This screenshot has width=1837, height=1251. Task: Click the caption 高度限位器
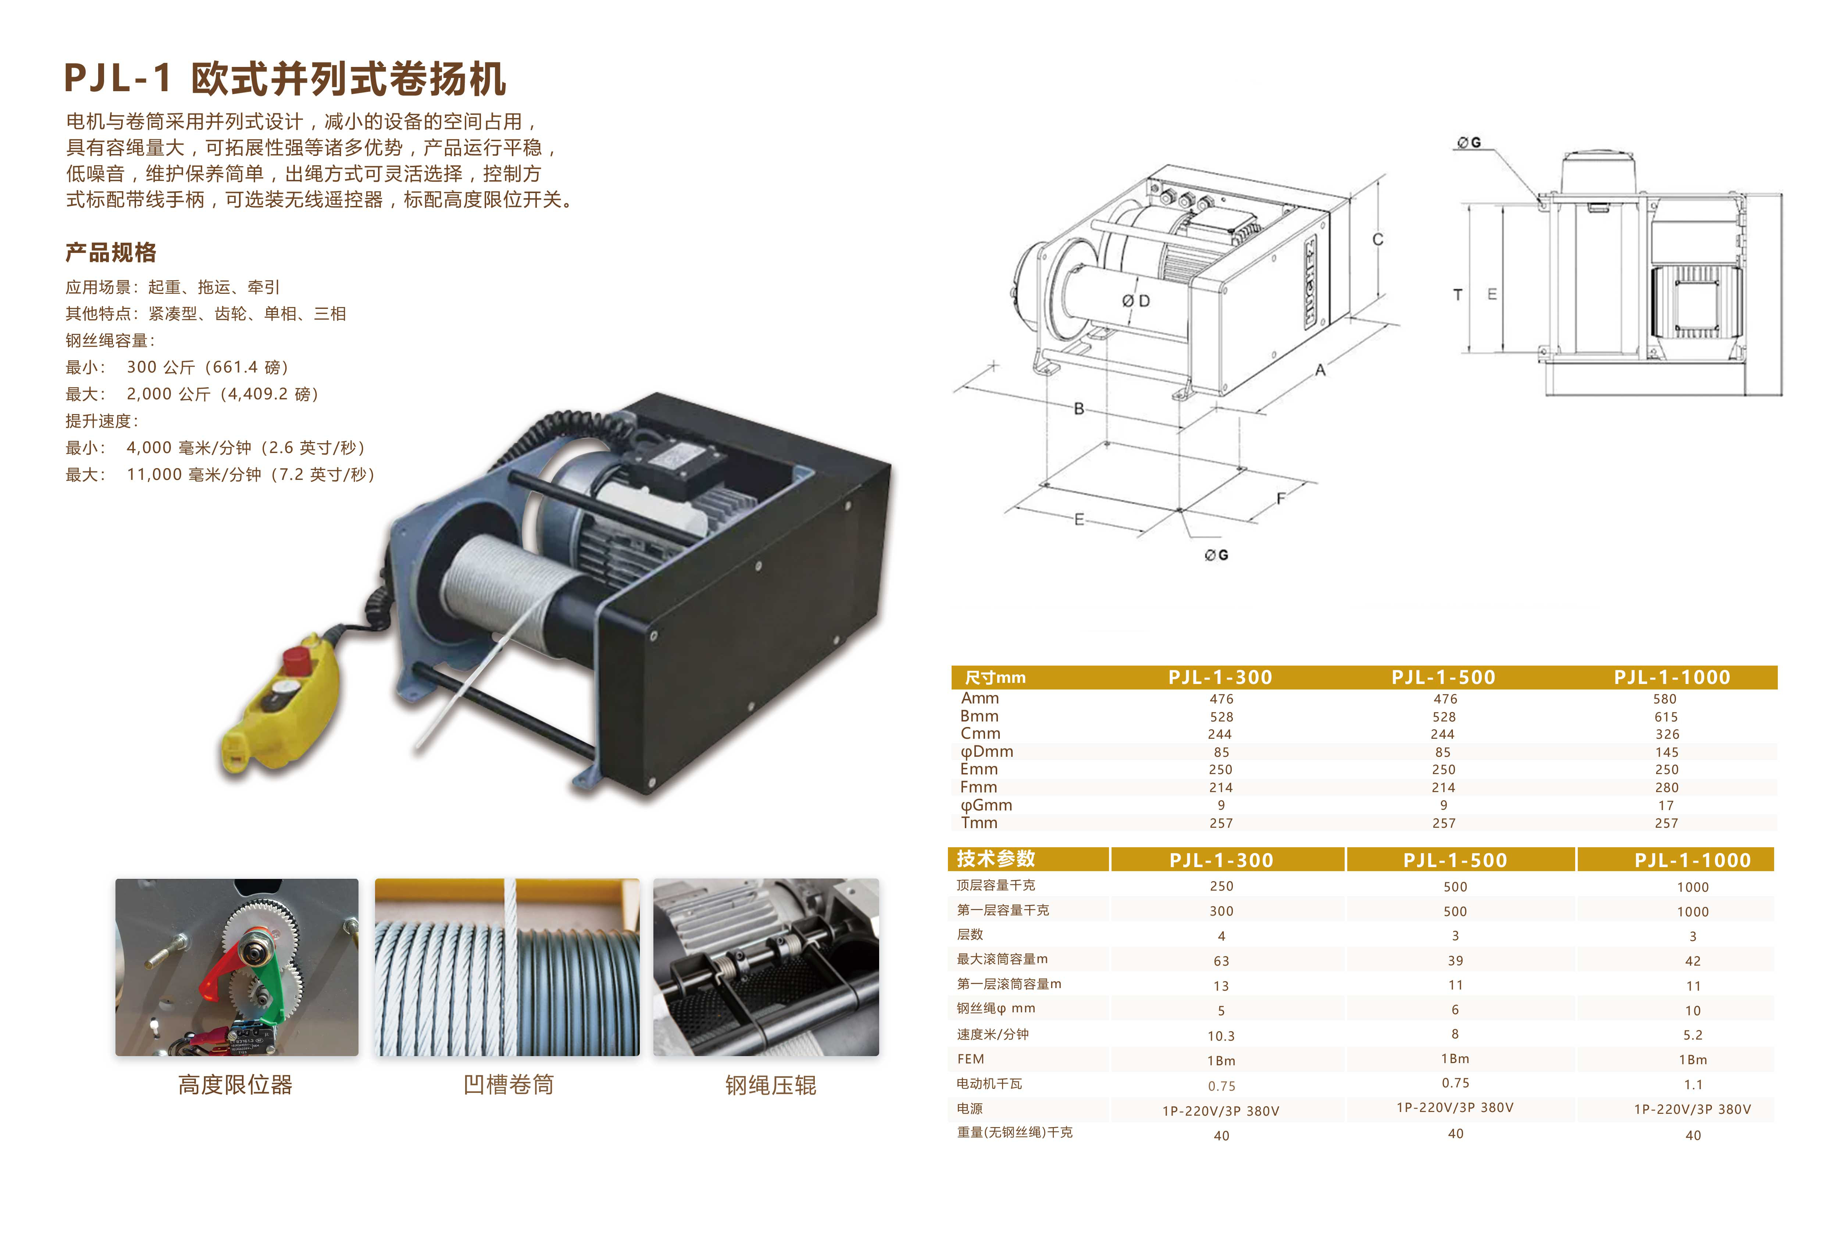[236, 1084]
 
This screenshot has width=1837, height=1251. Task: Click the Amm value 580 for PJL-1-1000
[1665, 699]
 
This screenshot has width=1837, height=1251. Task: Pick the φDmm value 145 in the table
[1667, 752]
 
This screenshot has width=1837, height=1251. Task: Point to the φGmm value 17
[1666, 805]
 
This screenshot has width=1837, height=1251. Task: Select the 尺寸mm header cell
[995, 677]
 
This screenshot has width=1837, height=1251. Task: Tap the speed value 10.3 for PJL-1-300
[1221, 1035]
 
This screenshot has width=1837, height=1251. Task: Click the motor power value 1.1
[1693, 1084]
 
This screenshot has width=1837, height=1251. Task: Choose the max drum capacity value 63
[1221, 961]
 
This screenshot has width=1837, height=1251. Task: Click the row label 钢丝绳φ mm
[996, 1008]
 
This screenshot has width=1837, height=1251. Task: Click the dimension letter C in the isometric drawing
[1378, 239]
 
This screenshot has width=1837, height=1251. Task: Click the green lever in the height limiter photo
[266, 976]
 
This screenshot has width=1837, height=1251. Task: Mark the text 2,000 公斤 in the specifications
[161, 393]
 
